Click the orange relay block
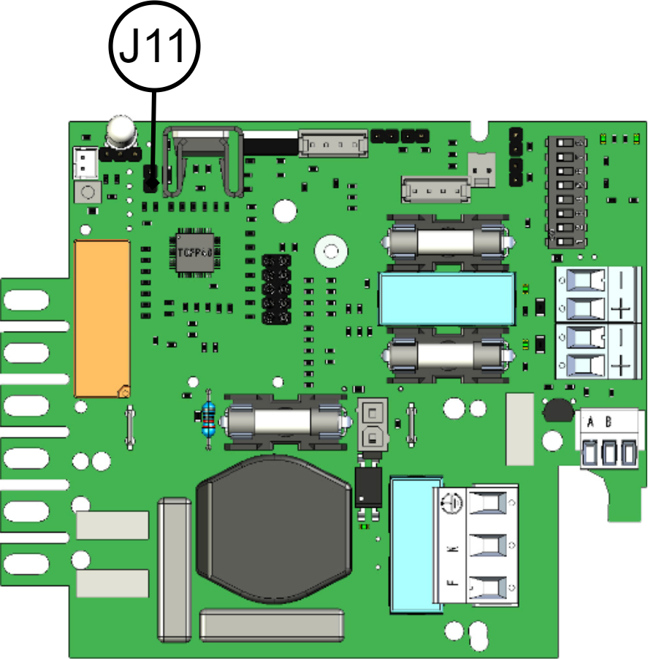click(103, 319)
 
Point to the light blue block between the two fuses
click(446, 299)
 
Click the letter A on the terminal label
click(590, 422)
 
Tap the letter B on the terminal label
click(609, 422)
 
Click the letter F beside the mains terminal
click(451, 583)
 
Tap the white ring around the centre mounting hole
click(330, 253)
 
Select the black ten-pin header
click(277, 289)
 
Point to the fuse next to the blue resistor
click(285, 422)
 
